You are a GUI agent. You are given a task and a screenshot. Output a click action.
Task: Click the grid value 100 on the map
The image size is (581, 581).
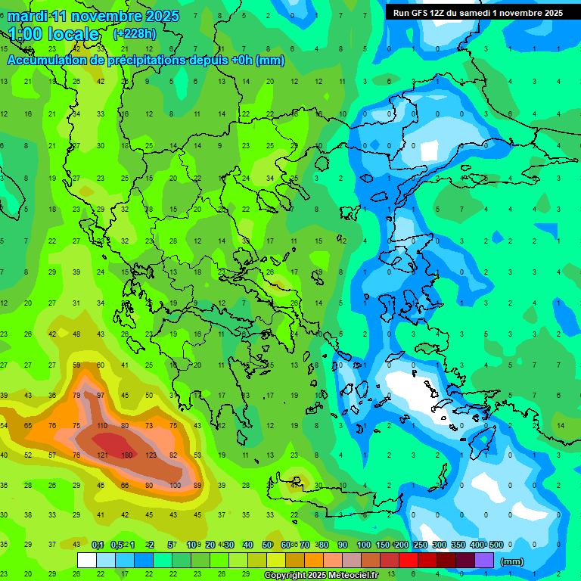click(174, 485)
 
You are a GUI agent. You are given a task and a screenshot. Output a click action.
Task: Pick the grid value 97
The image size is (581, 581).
click(101, 396)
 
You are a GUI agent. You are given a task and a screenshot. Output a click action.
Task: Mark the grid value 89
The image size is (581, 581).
click(197, 485)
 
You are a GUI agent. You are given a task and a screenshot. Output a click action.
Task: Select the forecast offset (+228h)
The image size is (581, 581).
click(135, 33)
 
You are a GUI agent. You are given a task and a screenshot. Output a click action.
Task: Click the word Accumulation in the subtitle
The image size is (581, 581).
click(48, 61)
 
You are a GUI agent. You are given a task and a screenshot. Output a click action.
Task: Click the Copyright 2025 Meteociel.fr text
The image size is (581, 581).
click(321, 575)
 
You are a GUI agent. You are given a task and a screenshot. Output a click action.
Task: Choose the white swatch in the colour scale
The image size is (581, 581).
click(87, 561)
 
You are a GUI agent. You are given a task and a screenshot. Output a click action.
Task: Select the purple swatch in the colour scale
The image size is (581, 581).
click(484, 561)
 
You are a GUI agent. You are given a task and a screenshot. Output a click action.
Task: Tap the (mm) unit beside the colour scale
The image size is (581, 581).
click(512, 561)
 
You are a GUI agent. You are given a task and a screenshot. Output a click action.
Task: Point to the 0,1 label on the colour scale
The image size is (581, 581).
click(98, 545)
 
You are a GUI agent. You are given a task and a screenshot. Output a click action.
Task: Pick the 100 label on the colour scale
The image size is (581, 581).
click(363, 545)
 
